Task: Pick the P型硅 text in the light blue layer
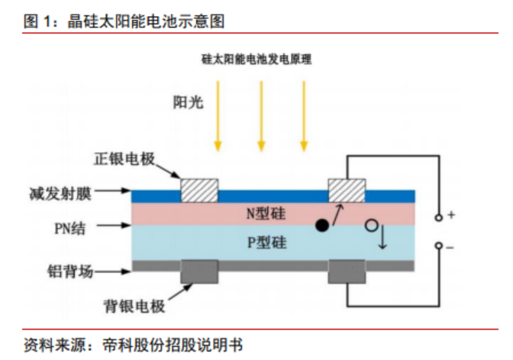pyautogui.click(x=266, y=243)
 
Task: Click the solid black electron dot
pyautogui.click(x=322, y=226)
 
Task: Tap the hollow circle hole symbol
pyautogui.click(x=371, y=226)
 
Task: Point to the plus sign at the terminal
pyautogui.click(x=451, y=216)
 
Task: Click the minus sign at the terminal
pyautogui.click(x=450, y=246)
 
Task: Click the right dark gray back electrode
pyautogui.click(x=347, y=271)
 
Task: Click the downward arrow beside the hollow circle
pyautogui.click(x=383, y=239)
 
